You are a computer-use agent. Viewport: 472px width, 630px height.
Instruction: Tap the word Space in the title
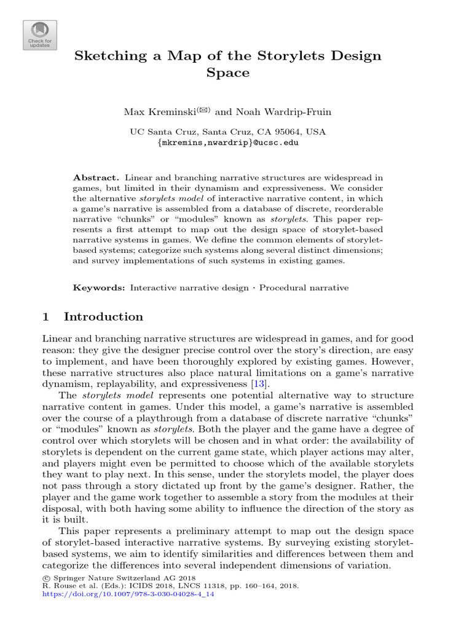tap(227, 73)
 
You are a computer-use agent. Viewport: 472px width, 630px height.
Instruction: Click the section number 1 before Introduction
tap(45, 317)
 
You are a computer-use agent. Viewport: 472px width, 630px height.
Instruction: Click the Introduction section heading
tap(103, 317)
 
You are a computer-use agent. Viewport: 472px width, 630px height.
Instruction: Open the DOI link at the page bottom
tap(129, 595)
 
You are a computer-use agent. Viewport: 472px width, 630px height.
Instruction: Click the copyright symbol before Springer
tap(46, 578)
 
